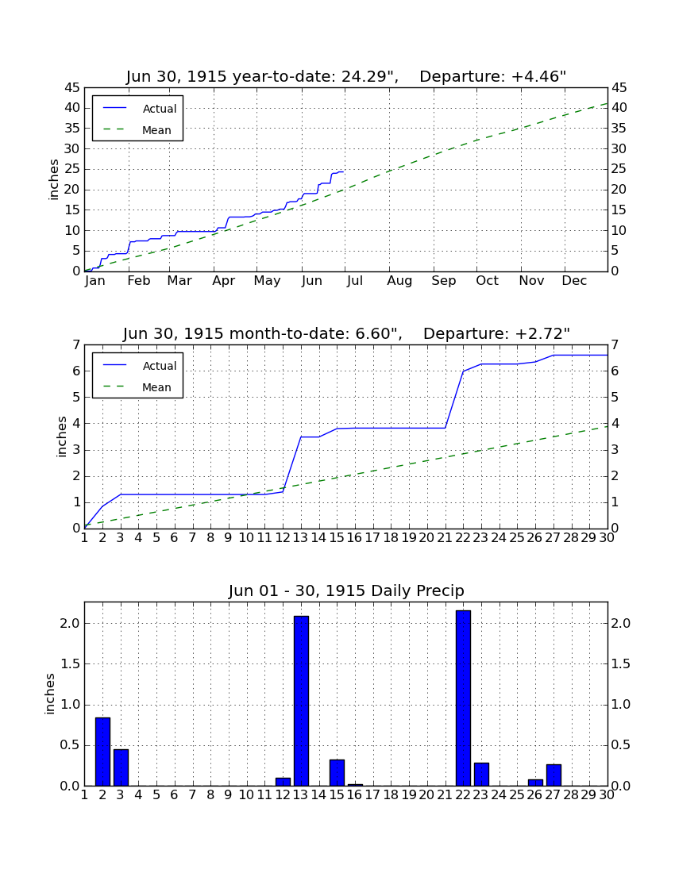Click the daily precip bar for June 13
click(301, 701)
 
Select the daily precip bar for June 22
click(463, 698)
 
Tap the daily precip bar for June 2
click(102, 752)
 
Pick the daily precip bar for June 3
click(121, 767)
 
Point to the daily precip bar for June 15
click(337, 772)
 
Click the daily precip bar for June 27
click(553, 775)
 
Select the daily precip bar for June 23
click(481, 774)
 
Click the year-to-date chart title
click(346, 76)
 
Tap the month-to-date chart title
click(346, 333)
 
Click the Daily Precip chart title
click(346, 590)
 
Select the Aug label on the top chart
click(399, 281)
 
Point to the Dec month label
click(574, 281)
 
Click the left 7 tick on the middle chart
click(76, 344)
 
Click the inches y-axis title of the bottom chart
click(50, 694)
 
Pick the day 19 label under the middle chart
click(409, 538)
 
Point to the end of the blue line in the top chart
click(343, 172)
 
